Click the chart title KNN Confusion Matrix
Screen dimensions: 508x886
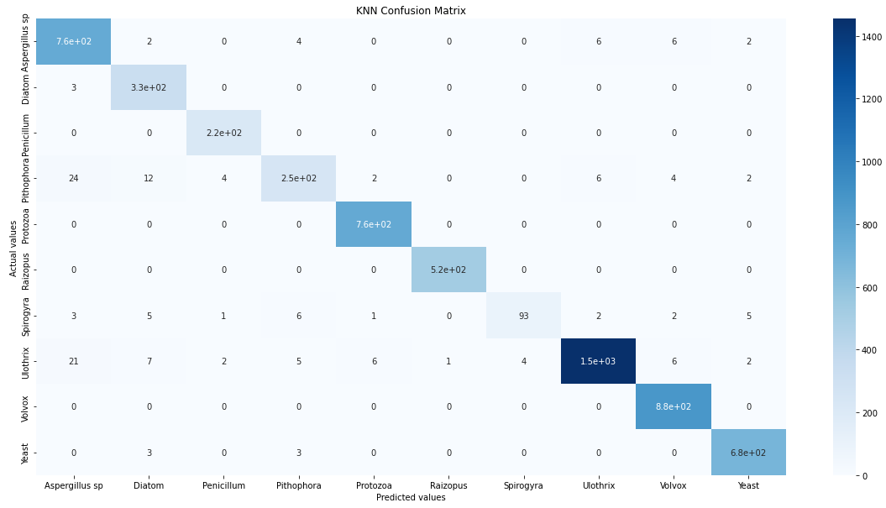[x=411, y=11]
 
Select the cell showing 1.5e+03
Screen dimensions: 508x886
[x=599, y=361]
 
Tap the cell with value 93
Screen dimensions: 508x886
[x=523, y=316]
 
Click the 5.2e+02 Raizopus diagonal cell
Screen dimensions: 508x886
[x=448, y=270]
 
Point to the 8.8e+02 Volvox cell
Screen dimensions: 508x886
[x=674, y=406]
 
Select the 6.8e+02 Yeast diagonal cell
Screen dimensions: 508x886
[x=748, y=453]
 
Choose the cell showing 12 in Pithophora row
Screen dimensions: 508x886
[x=148, y=179]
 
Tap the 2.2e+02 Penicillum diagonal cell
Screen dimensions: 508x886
[x=223, y=133]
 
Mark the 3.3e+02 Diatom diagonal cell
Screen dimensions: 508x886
[x=148, y=87]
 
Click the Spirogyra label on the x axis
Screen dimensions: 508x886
[x=523, y=485]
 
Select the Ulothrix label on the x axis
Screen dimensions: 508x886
[x=599, y=485]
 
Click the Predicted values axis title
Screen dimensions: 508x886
[x=411, y=497]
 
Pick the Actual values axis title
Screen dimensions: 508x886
[x=13, y=247]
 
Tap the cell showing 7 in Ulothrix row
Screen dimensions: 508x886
[x=148, y=361]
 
